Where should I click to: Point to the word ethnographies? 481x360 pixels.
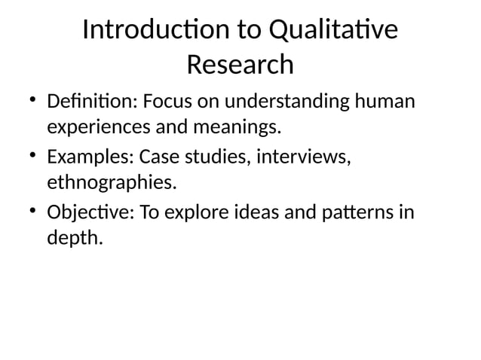112,183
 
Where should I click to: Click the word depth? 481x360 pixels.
73,239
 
